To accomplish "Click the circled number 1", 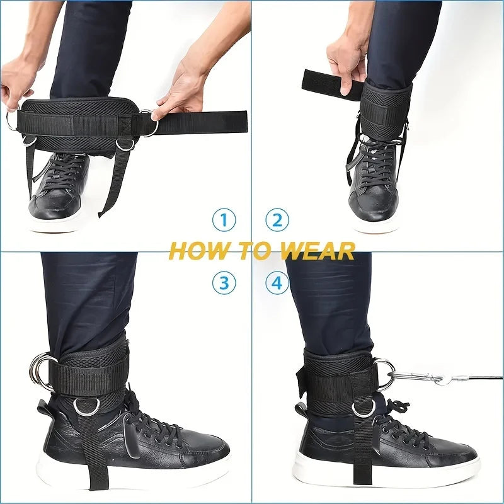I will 223,220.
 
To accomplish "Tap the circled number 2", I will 277,220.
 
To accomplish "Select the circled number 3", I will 223,283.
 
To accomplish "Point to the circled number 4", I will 277,283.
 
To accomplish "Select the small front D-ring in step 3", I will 84,407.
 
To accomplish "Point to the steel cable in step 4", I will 479,379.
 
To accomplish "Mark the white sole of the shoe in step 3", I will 132,466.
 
